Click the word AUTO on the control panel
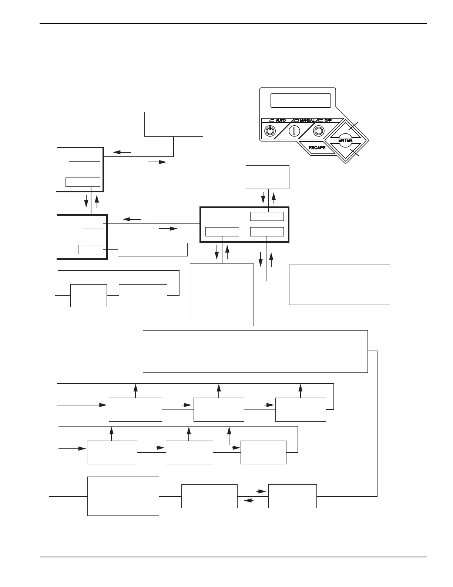[x=281, y=121]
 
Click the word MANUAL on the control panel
[x=307, y=121]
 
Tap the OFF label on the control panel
[x=328, y=121]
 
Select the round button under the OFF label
[x=318, y=131]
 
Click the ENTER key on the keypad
[x=345, y=140]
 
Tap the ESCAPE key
[x=317, y=148]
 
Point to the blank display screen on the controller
[x=301, y=100]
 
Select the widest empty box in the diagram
[x=255, y=351]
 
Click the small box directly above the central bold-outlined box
[x=268, y=177]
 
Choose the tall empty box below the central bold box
[x=222, y=295]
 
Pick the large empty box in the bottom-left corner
[x=123, y=496]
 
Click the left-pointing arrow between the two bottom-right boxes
[x=249, y=500]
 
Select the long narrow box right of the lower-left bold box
[x=152, y=249]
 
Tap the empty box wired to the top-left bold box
[x=174, y=124]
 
